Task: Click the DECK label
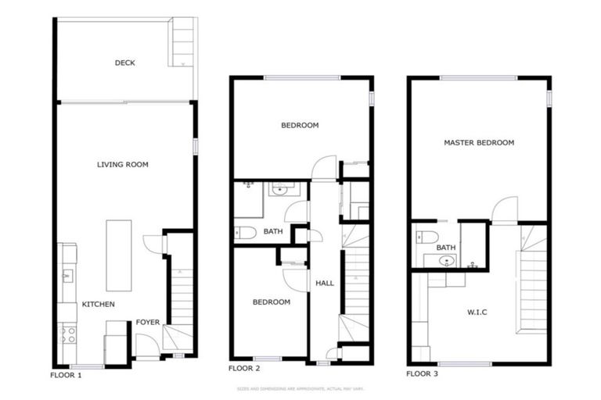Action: [124, 63]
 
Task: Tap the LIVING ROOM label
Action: [123, 165]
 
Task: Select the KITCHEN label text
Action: [99, 304]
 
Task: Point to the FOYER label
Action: [148, 321]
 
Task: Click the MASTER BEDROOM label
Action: [479, 143]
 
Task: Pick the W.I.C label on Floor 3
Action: [477, 312]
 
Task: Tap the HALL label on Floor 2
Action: [325, 283]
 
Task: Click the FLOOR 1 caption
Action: [67, 375]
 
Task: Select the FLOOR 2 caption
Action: [244, 367]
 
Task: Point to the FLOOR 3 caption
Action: [422, 374]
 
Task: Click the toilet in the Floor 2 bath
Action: [245, 232]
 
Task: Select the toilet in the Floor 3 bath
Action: [426, 237]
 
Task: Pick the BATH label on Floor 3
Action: [446, 248]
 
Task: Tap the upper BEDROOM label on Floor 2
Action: [300, 125]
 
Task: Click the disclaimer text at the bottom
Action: [300, 388]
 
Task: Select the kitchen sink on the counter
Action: [67, 274]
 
